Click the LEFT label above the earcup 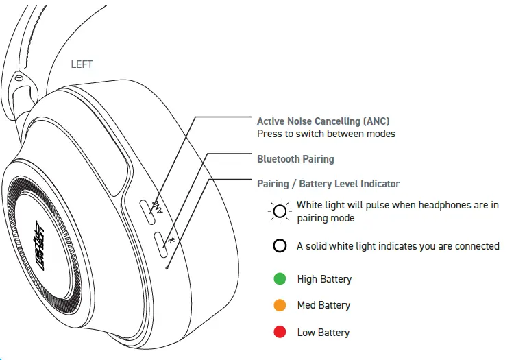point(82,64)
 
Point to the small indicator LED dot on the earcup point(167,267)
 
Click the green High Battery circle point(280,279)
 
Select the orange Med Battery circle point(280,305)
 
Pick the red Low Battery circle point(280,333)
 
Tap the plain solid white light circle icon point(280,246)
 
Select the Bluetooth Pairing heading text point(295,159)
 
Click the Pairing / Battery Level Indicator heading point(328,184)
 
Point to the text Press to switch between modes point(326,134)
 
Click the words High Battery point(324,279)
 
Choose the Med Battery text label point(323,305)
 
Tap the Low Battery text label point(323,333)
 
